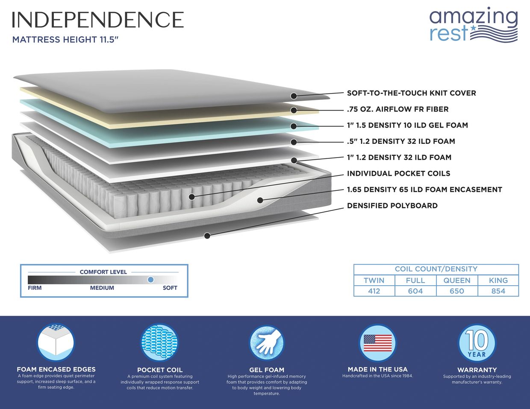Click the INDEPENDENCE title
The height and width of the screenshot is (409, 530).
click(98, 20)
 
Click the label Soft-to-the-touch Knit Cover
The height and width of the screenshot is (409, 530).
click(411, 93)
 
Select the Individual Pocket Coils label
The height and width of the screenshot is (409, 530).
click(398, 173)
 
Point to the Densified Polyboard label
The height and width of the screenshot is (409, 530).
click(392, 206)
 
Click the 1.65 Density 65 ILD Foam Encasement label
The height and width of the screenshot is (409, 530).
click(424, 190)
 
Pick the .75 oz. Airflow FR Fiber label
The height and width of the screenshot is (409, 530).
click(397, 109)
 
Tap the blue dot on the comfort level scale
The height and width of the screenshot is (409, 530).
click(150, 280)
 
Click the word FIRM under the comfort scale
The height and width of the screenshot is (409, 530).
click(35, 288)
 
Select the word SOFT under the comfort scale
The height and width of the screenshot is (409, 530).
click(170, 288)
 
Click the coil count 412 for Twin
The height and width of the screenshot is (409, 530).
click(374, 291)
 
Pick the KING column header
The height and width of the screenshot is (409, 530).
click(498, 280)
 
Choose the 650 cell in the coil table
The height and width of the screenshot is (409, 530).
click(456, 291)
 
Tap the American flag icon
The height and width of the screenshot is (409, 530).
click(377, 343)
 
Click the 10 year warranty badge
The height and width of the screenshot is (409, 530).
click(477, 343)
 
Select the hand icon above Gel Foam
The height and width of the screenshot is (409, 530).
click(267, 343)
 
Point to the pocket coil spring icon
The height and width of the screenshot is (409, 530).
click(159, 343)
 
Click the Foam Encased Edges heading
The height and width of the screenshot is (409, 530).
click(56, 369)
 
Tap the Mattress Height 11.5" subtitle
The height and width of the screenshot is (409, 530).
click(65, 40)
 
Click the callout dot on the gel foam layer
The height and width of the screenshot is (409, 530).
click(294, 126)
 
